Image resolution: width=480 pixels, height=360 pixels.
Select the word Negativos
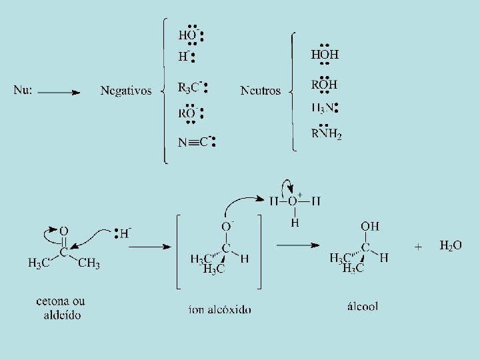tap(126, 91)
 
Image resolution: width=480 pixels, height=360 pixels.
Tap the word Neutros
tap(261, 91)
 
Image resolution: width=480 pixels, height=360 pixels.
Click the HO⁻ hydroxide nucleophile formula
tap(189, 35)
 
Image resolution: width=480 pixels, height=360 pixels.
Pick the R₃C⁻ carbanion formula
tap(190, 87)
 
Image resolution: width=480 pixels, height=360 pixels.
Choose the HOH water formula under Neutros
tap(325, 55)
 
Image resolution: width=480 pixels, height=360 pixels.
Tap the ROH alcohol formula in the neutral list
tap(324, 85)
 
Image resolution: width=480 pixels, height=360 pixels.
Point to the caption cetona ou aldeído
tap(61, 308)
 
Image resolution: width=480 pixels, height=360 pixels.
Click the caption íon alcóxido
tap(220, 309)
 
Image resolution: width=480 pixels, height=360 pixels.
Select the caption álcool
tap(363, 306)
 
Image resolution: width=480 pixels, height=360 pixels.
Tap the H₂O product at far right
tap(450, 245)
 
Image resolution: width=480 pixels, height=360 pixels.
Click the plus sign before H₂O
tap(418, 246)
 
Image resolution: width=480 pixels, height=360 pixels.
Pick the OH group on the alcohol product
tap(370, 227)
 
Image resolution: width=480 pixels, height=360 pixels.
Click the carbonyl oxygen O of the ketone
tap(63, 231)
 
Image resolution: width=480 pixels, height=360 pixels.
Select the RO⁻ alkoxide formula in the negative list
tap(187, 113)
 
